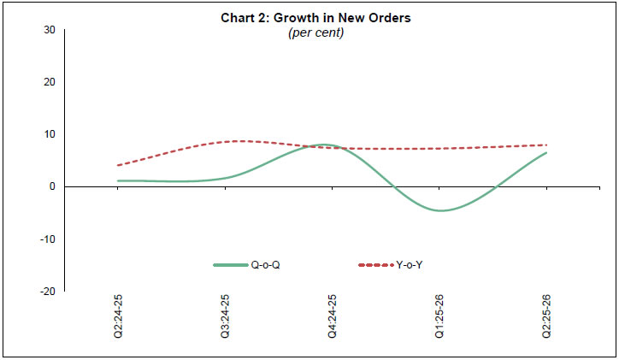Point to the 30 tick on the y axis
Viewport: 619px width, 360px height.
tap(50, 30)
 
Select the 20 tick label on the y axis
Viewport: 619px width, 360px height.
tap(50, 82)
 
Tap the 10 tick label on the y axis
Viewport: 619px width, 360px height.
tap(50, 134)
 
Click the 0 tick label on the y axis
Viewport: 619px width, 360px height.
tap(52, 186)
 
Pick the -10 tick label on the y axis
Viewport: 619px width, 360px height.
tap(48, 239)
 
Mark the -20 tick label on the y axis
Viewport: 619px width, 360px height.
tap(48, 291)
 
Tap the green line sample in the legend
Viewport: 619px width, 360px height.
tap(231, 265)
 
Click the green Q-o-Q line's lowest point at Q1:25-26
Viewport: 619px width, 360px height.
tap(439, 210)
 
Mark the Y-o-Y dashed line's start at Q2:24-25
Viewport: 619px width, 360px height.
tap(118, 165)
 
